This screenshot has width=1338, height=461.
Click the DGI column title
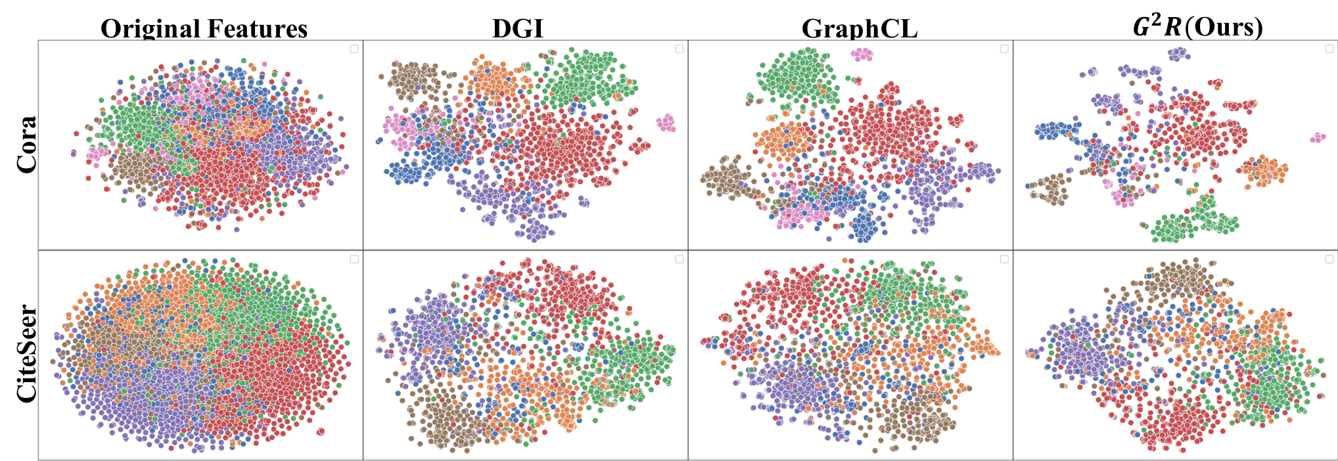click(518, 29)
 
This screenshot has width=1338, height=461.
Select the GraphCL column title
click(860, 29)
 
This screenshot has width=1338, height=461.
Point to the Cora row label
click(27, 144)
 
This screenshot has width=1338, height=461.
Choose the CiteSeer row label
click(27, 353)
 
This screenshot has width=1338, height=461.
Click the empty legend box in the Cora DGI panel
click(680, 49)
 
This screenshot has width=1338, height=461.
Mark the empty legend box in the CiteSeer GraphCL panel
click(1004, 259)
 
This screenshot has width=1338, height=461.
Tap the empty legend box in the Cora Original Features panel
click(354, 49)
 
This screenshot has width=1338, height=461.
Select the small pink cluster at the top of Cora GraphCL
click(862, 55)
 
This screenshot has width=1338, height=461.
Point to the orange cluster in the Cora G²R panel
click(1263, 170)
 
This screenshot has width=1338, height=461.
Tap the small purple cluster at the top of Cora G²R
click(1178, 53)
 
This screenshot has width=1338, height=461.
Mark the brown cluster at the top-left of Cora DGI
click(413, 79)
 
